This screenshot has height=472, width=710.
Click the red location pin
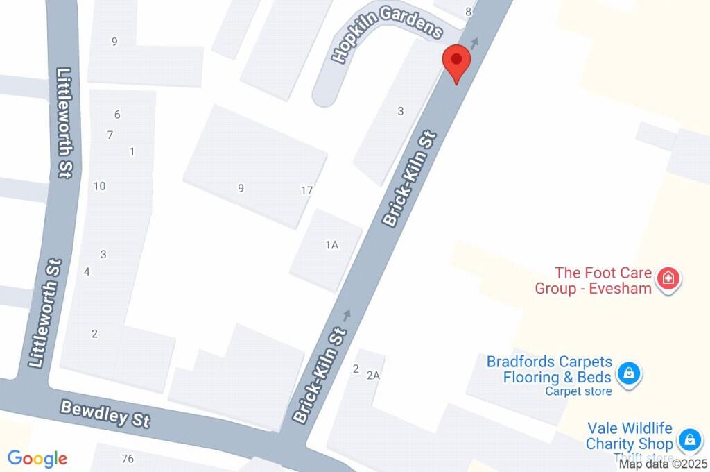tap(456, 62)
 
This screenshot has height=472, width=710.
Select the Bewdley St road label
tap(105, 414)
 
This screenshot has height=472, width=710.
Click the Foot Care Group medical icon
tap(668, 279)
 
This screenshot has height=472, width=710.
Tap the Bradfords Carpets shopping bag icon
tap(628, 373)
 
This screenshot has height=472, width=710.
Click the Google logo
tap(37, 458)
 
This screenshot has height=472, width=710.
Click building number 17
tap(307, 190)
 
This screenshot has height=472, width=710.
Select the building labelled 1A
tap(331, 244)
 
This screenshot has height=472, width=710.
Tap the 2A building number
tap(374, 376)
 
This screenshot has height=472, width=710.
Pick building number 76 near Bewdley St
tap(127, 458)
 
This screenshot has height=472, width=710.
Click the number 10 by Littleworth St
tap(99, 185)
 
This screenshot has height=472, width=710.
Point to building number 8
tap(469, 11)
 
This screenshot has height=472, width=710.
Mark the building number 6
tap(117, 115)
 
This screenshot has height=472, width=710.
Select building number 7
tap(110, 135)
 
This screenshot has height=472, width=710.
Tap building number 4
tap(87, 271)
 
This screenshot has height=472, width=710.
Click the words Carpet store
tap(578, 391)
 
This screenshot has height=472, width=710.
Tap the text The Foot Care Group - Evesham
tap(593, 280)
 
